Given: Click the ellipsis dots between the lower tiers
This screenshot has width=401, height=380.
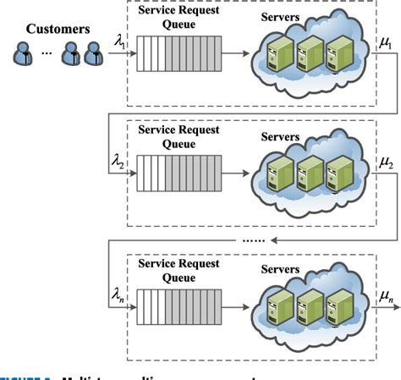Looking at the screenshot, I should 253,240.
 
